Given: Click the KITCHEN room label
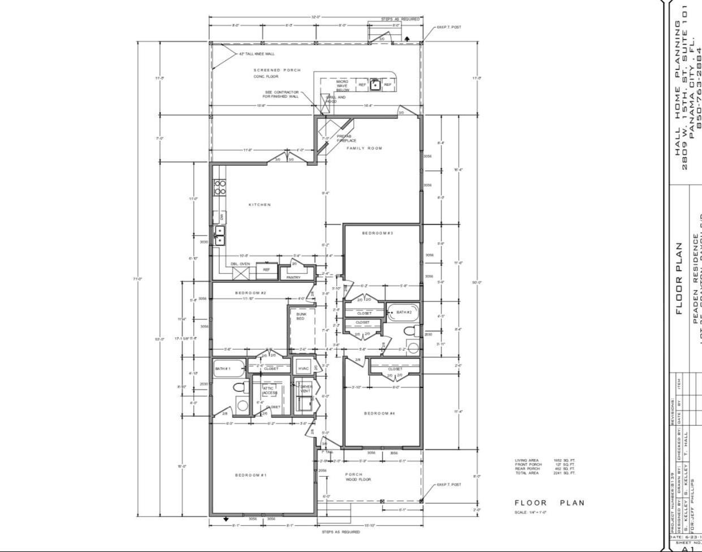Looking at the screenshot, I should [259, 205].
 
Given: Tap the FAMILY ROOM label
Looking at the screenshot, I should [365, 148].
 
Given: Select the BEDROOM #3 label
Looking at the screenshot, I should [378, 233].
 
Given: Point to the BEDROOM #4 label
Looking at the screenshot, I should [379, 413].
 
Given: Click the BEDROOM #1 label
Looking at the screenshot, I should [250, 475].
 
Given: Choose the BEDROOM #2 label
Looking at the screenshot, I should [250, 293].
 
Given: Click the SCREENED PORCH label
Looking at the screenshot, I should [277, 70].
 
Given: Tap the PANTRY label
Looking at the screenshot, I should [293, 277].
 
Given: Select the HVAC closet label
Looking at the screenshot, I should [303, 369].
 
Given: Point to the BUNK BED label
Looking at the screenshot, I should [300, 316].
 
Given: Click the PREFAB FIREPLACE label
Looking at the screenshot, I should [346, 138].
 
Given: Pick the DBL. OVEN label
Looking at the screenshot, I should [240, 264].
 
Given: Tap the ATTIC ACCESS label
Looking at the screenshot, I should [270, 390].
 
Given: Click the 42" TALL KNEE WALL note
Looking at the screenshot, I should [257, 54].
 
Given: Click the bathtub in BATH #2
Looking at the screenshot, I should [403, 312].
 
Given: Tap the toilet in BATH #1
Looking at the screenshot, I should [240, 389].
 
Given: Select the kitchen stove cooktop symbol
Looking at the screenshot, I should [219, 187].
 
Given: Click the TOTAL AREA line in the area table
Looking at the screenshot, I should [545, 473].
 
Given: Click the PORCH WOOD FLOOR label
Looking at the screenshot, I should [358, 477].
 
